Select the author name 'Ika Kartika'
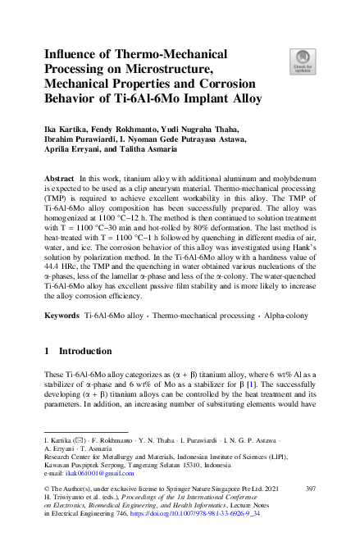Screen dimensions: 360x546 point(65,130)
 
